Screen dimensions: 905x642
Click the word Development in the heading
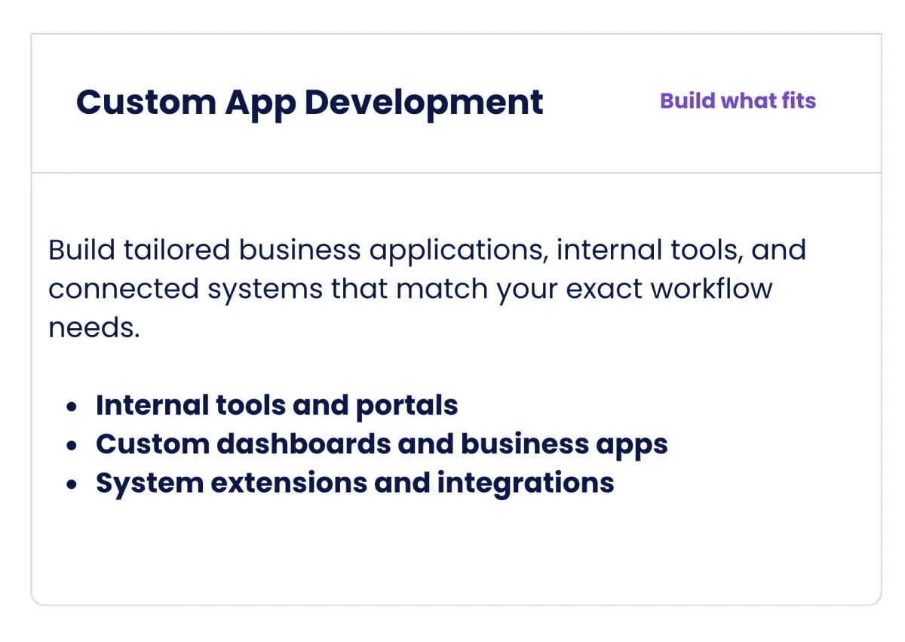pyautogui.click(x=424, y=103)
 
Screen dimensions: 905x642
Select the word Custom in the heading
pyautogui.click(x=146, y=103)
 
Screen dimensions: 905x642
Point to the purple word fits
pyautogui.click(x=799, y=100)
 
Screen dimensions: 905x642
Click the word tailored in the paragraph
pyautogui.click(x=177, y=250)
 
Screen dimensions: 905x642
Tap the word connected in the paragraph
pyautogui.click(x=124, y=288)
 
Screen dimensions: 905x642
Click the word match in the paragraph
pyautogui.click(x=442, y=288)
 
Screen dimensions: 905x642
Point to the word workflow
pyautogui.click(x=711, y=288)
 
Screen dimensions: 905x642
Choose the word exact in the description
pyautogui.click(x=604, y=289)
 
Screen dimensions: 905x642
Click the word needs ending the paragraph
pyautogui.click(x=94, y=327)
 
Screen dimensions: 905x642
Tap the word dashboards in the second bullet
pyautogui.click(x=304, y=444)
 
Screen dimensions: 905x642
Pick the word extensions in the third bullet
pyautogui.click(x=289, y=483)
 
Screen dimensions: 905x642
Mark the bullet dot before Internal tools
pyautogui.click(x=72, y=407)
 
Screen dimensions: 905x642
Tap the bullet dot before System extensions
pyautogui.click(x=72, y=484)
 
